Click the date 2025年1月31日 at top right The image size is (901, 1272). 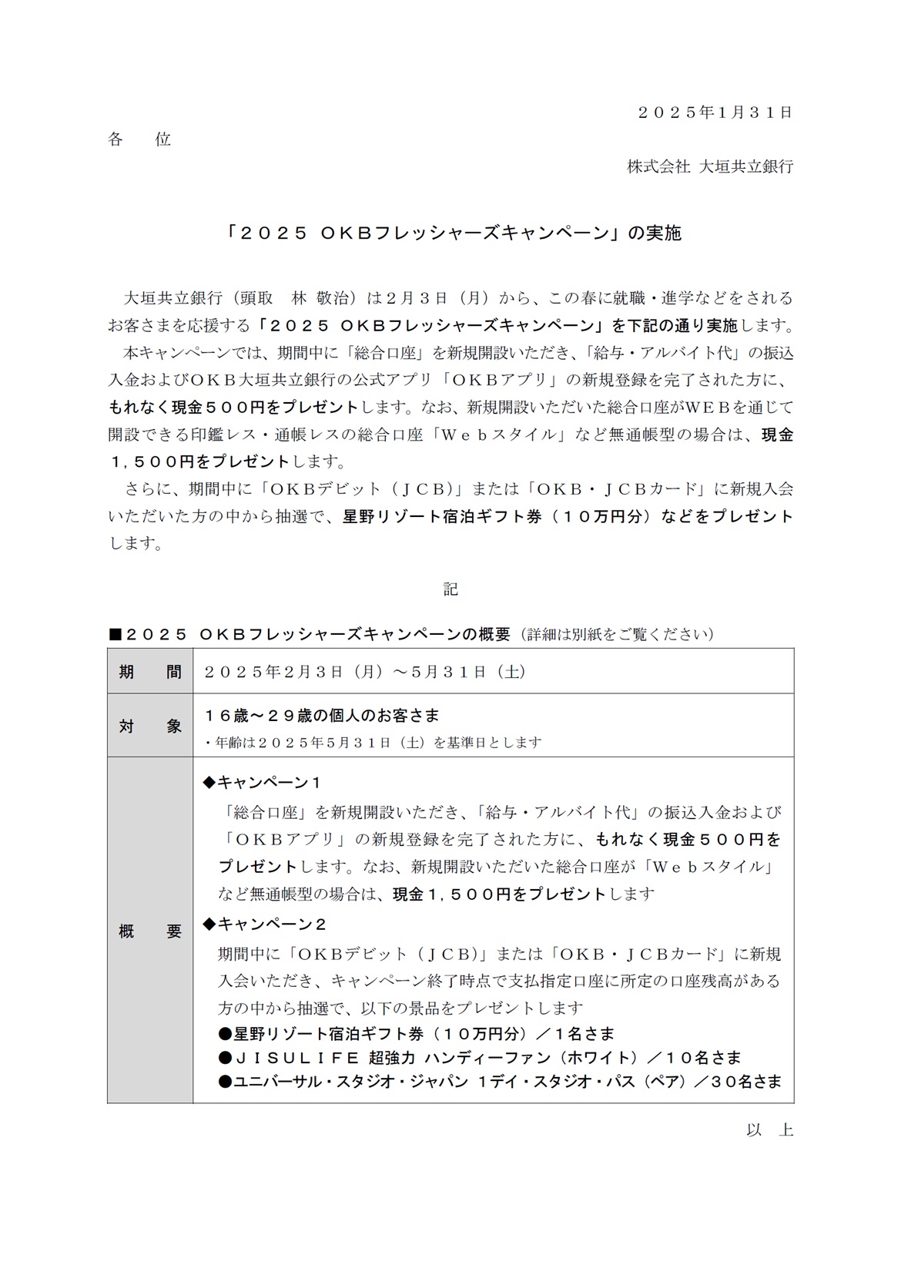(715, 112)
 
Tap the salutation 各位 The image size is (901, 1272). (139, 139)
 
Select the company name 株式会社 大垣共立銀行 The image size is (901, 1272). (709, 166)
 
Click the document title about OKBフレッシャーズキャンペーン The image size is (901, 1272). (450, 233)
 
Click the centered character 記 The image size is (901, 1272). (450, 589)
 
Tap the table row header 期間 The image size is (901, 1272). (150, 672)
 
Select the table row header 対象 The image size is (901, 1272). (150, 726)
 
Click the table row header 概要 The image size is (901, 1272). (150, 931)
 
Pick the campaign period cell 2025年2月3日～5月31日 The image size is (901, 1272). (365, 672)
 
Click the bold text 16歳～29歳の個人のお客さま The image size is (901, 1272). (321, 715)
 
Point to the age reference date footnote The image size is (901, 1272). (373, 743)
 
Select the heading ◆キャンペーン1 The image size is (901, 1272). (261, 783)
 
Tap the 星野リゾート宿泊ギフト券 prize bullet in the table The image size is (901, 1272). (416, 1034)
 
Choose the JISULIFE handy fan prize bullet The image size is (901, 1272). (479, 1058)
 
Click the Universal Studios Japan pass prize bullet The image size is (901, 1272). (499, 1082)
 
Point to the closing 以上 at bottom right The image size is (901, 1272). (769, 1130)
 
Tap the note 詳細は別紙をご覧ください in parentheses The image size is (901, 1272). (616, 634)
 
